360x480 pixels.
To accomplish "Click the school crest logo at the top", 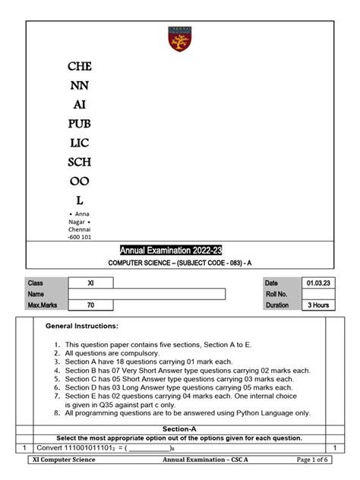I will coord(180,39).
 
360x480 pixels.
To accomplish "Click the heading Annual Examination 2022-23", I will coord(179,251).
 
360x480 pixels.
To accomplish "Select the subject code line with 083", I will coord(179,264).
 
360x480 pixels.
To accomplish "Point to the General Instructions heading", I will coord(82,326).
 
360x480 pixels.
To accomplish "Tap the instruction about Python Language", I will coord(187,413).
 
